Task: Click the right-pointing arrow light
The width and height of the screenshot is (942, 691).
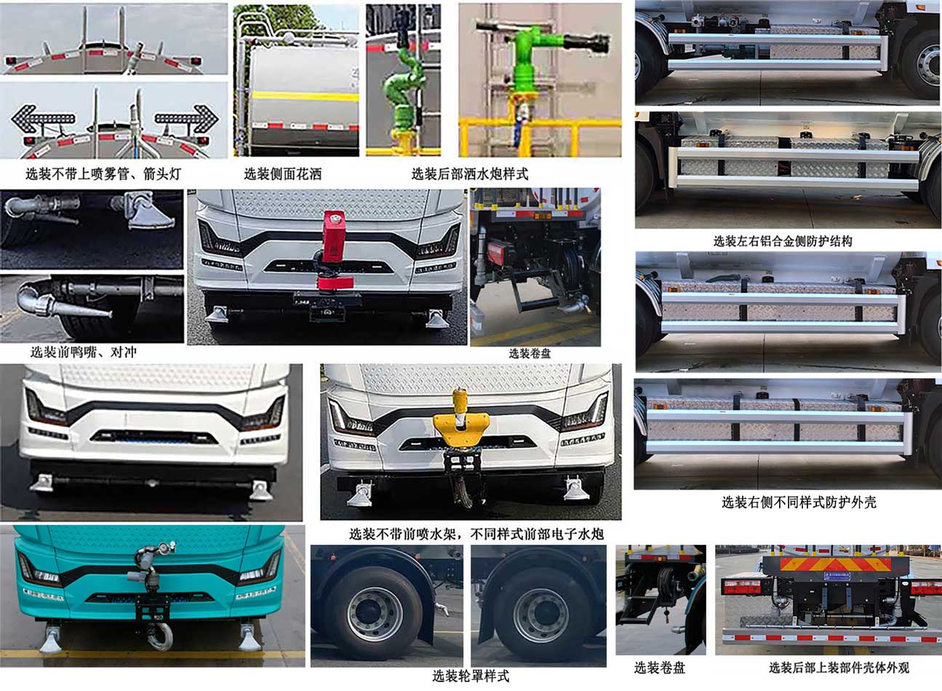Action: pos(187,119)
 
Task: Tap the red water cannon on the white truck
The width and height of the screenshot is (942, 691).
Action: pos(333,250)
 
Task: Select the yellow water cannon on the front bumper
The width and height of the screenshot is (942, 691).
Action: pos(461,420)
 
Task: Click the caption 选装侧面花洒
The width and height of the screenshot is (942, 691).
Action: pos(282,174)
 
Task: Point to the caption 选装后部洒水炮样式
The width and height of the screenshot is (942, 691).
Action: pos(470,174)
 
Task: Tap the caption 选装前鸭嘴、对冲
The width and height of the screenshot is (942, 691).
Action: pos(83,352)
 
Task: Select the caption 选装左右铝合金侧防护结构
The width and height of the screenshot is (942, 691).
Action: pos(783,241)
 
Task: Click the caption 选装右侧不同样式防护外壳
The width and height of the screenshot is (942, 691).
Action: pos(799,502)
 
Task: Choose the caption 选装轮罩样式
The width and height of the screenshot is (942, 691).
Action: pos(471,676)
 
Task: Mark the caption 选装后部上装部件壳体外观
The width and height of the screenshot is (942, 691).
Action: pos(839,668)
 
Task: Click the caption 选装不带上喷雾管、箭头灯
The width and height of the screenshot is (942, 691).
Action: pos(103,174)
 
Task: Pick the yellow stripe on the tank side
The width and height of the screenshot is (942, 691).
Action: pos(306,96)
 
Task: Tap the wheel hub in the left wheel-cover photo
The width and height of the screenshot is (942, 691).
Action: pos(375,615)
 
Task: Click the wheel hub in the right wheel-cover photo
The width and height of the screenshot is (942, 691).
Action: pos(540,615)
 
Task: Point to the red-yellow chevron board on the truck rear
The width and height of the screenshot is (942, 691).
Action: pos(836,564)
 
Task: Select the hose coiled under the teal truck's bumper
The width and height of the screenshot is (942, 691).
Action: pos(160,636)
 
